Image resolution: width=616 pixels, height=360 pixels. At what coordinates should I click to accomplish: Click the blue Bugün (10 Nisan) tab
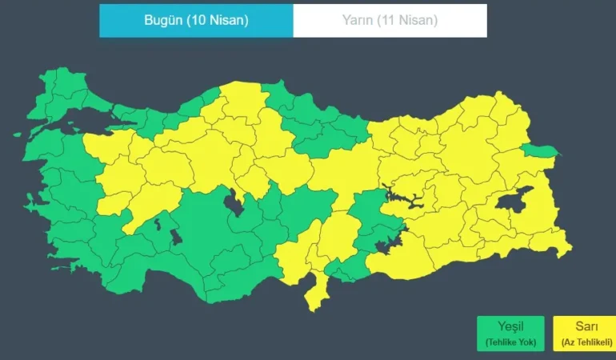pyautogui.click(x=196, y=21)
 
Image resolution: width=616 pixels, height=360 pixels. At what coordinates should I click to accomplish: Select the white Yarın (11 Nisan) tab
pyautogui.click(x=390, y=21)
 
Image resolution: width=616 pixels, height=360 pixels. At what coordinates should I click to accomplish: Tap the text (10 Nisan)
pyautogui.click(x=217, y=21)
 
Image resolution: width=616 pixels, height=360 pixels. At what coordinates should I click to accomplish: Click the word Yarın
pyautogui.click(x=358, y=21)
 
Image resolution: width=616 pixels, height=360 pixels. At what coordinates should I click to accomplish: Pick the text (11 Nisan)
pyautogui.click(x=408, y=21)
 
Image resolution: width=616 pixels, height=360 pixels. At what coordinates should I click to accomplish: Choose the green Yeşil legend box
pyautogui.click(x=510, y=334)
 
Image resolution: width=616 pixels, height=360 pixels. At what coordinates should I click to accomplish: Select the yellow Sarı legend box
pyautogui.click(x=582, y=334)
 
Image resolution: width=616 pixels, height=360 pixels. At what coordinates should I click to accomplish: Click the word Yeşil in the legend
pyautogui.click(x=510, y=326)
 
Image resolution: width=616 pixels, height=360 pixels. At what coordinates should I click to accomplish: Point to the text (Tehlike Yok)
pyautogui.click(x=510, y=342)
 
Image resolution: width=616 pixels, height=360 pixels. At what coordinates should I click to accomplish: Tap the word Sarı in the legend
pyautogui.click(x=582, y=326)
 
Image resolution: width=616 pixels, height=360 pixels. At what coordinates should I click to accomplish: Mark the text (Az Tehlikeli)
pyautogui.click(x=582, y=342)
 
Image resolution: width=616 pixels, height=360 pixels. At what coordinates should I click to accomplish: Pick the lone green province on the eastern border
pyautogui.click(x=541, y=150)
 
